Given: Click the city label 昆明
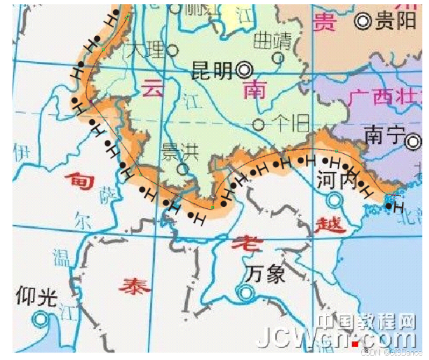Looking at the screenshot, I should pos(212,70).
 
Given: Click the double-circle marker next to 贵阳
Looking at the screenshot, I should pos(364,21).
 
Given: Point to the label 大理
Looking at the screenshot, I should pos(146,51).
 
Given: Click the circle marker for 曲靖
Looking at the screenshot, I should pos(277,57).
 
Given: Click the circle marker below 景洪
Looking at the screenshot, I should pos(183,168).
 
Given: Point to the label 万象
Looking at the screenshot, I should pos(265,274).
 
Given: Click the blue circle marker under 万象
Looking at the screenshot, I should pos(243,291).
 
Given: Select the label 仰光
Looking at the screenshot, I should pos(37,296).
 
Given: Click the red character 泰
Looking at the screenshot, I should pos(133,286).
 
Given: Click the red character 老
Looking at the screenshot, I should pos(243,244).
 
